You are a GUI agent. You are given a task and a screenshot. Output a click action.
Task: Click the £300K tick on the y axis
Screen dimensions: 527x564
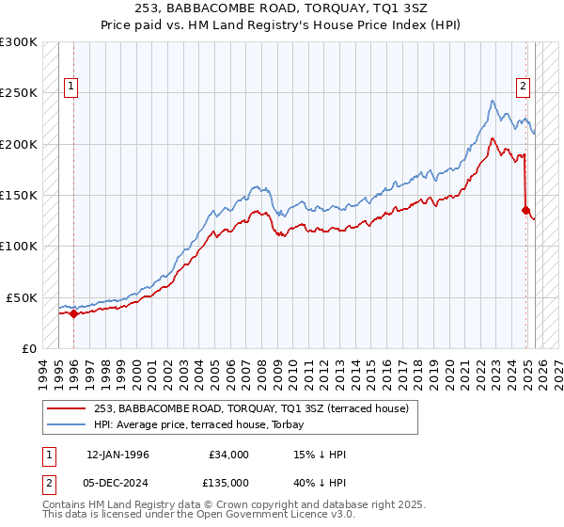[x=19, y=42]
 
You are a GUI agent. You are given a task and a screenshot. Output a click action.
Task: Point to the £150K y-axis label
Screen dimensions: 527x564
[x=19, y=195]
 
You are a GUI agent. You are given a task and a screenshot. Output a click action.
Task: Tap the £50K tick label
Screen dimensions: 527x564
[x=23, y=297]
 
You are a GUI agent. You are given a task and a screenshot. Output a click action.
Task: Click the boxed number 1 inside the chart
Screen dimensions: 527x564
[x=70, y=87]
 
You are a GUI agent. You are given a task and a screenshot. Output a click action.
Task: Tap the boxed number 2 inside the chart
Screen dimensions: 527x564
[x=523, y=87]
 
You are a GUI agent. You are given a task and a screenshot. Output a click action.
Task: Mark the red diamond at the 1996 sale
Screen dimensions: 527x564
[x=74, y=313]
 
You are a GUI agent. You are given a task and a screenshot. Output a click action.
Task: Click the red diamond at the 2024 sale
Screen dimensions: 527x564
[x=526, y=211]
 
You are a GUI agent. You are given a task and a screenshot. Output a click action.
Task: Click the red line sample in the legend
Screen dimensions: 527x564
[x=67, y=409]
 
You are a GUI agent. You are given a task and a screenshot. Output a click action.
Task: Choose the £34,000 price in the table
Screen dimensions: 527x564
[x=229, y=455]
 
